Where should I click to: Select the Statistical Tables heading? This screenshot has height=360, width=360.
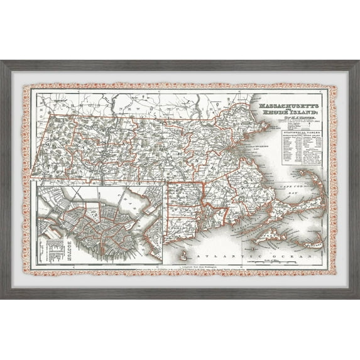[x=296, y=134]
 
